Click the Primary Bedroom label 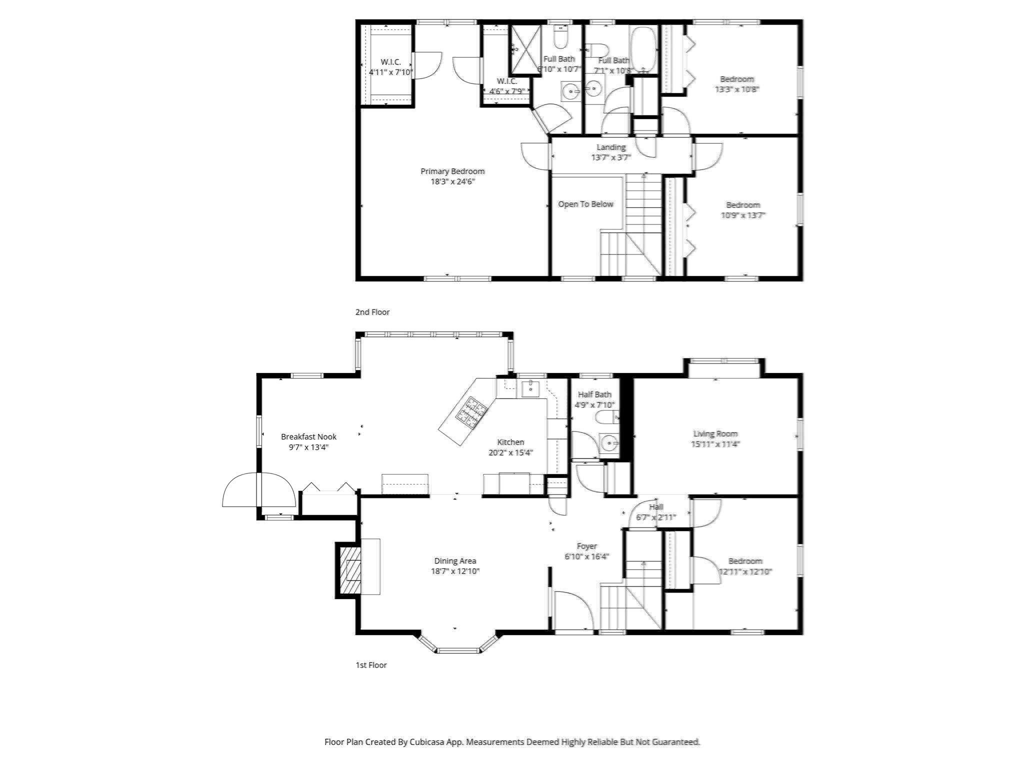[x=452, y=171]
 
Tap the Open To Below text [x=585, y=204]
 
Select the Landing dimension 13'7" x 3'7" [x=611, y=157]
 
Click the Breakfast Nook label [x=308, y=436]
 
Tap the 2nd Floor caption [x=372, y=312]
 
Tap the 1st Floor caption [x=371, y=665]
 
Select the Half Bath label [x=594, y=394]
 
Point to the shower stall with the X [x=525, y=50]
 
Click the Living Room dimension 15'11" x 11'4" [x=715, y=444]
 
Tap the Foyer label [x=586, y=546]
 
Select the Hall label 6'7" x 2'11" [x=656, y=512]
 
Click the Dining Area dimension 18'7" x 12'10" [x=455, y=571]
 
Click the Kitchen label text [x=510, y=442]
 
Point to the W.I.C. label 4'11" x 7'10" [x=390, y=67]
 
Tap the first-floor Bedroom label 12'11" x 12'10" [x=745, y=566]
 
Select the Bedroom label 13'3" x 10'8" [x=737, y=84]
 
